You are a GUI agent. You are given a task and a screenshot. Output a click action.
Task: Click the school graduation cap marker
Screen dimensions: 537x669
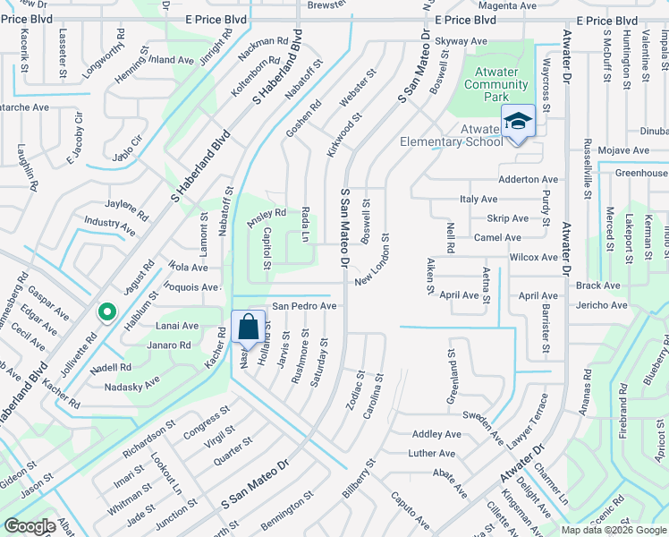tap(518, 120)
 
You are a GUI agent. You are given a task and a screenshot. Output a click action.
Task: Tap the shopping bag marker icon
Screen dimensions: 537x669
tap(247, 327)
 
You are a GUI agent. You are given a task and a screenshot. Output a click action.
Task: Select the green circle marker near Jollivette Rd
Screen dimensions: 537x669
tap(106, 312)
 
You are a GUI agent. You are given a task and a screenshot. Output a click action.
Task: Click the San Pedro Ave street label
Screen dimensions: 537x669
tap(304, 306)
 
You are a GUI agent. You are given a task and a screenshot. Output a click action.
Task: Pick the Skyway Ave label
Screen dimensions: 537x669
tap(461, 41)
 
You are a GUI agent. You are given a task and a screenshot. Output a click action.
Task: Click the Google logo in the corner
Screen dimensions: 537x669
tap(29, 526)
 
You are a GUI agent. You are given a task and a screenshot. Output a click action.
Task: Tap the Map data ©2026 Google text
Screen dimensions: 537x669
tap(614, 530)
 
